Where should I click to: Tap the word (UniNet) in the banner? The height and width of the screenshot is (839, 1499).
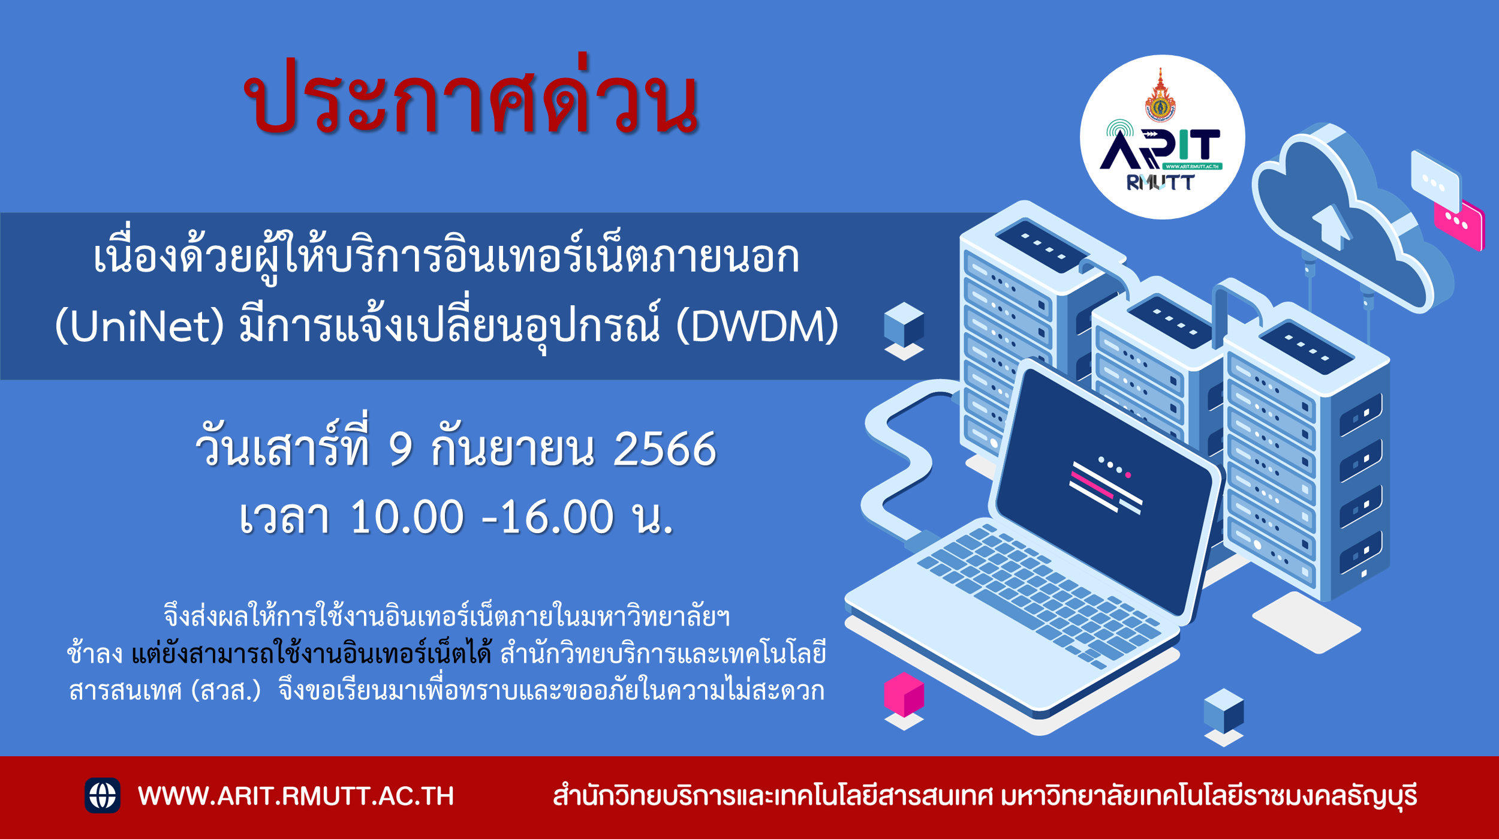139,327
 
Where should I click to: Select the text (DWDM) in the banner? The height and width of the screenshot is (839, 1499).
757,327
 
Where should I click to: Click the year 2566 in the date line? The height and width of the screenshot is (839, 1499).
664,449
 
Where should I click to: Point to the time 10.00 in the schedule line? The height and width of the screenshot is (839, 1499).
407,517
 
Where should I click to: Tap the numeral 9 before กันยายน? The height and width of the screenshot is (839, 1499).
401,449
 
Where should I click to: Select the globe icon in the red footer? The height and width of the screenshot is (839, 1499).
103,795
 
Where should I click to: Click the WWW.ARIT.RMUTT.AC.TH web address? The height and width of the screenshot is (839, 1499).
296,796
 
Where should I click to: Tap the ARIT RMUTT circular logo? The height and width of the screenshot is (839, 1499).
1162,137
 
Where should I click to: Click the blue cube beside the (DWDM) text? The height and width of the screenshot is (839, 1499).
904,325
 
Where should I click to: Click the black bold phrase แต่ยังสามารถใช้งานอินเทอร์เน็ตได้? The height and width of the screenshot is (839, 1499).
311,653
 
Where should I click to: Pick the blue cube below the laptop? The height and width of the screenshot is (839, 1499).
1224,711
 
